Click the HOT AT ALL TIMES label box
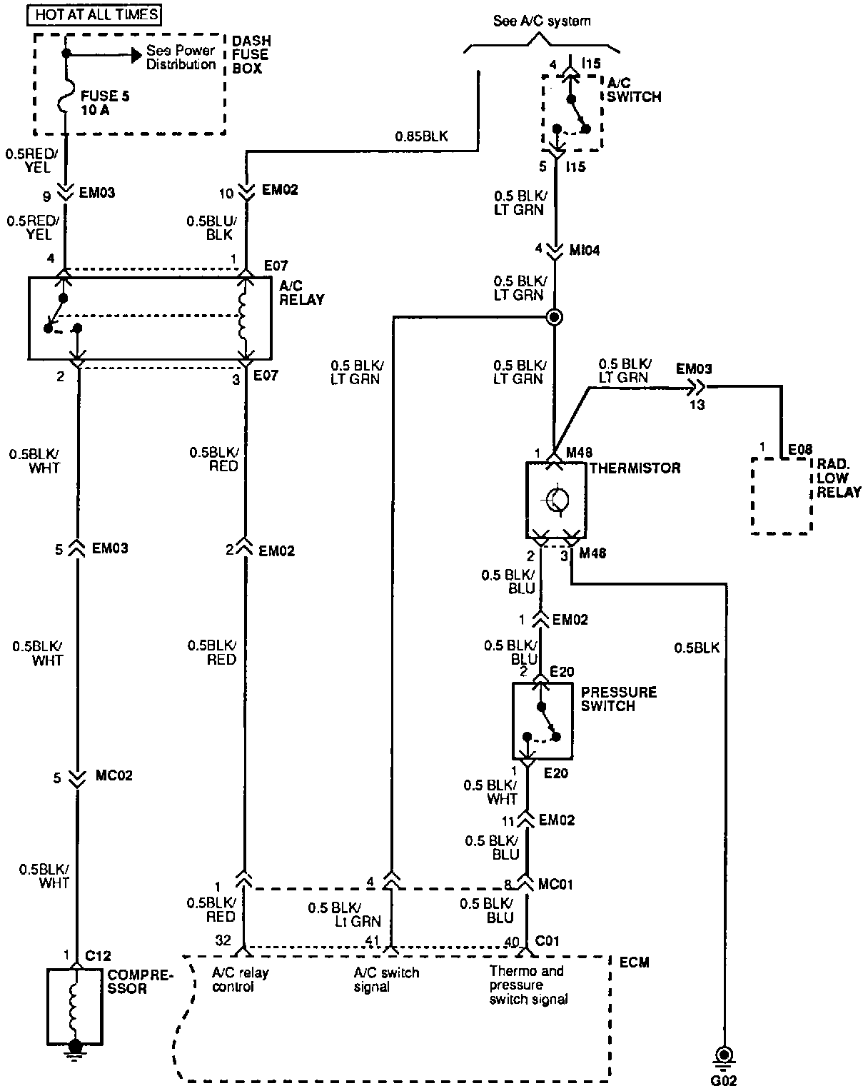(97, 14)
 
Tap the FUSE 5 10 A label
(104, 103)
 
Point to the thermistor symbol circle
(556, 499)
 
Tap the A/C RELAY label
(301, 292)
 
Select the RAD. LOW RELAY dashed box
(781, 496)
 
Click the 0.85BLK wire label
(422, 136)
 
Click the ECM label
(634, 962)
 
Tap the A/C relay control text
(241, 979)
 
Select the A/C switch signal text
(386, 979)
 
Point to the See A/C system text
(542, 21)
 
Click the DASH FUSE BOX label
(251, 54)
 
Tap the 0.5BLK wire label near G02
(697, 648)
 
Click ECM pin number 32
(223, 942)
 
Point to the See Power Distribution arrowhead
(134, 54)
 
